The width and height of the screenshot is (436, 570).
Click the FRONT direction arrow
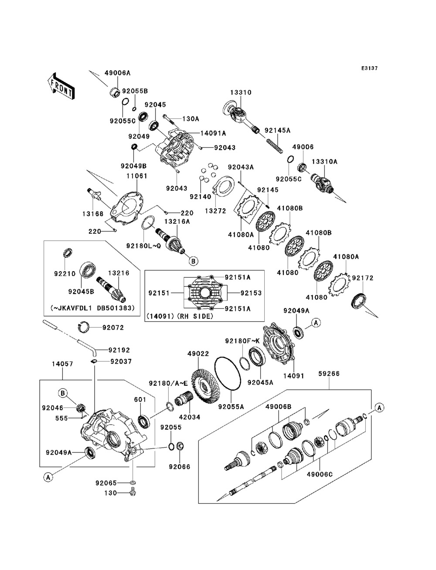tap(61, 86)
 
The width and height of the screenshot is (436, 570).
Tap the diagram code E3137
tap(369, 68)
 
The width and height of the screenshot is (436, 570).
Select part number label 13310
tap(241, 92)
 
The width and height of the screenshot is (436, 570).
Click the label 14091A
tap(213, 133)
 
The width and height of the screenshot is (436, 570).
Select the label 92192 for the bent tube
tap(119, 350)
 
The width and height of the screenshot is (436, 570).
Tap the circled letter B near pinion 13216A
tap(193, 261)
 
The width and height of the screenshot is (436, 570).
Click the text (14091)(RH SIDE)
tap(180, 316)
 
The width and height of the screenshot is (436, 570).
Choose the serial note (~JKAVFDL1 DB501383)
tap(92, 308)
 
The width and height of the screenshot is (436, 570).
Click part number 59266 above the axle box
tap(329, 374)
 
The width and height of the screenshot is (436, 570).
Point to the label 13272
tap(215, 211)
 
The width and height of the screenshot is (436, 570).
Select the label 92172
tap(363, 278)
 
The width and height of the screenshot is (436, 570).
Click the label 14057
tap(62, 364)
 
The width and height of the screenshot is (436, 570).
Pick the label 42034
tap(190, 417)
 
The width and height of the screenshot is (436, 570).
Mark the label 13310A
tap(324, 162)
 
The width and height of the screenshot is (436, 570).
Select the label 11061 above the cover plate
tap(137, 176)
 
